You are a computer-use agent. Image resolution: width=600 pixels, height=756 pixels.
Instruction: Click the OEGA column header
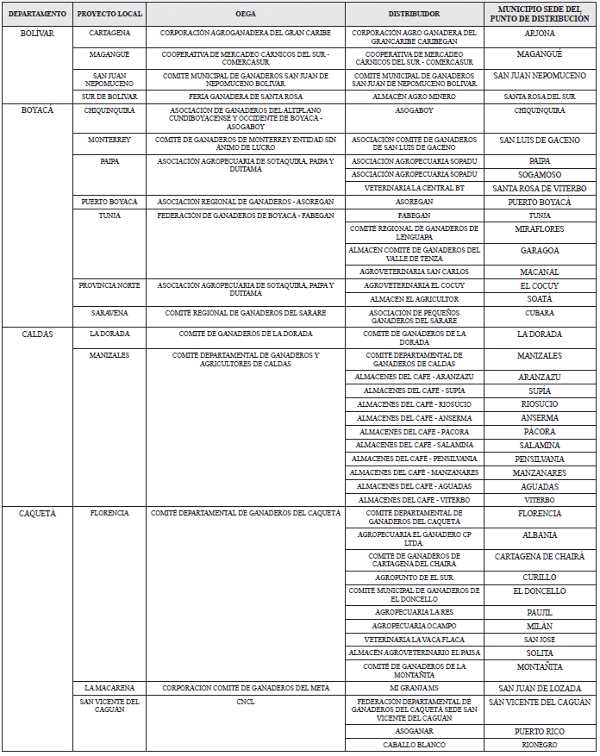[246, 15]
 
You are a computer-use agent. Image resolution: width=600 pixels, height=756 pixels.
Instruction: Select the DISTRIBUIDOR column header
[414, 15]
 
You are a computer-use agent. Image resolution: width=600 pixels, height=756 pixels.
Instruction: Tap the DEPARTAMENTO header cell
[37, 15]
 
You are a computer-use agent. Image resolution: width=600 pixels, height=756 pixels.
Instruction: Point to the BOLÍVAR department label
[37, 33]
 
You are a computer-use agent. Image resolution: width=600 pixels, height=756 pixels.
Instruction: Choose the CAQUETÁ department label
[37, 513]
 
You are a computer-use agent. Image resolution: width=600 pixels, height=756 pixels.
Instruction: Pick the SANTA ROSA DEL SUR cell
[540, 97]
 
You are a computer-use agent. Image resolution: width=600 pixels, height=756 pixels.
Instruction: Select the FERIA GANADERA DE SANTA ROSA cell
[246, 97]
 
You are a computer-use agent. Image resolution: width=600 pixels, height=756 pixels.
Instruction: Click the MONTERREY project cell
[109, 140]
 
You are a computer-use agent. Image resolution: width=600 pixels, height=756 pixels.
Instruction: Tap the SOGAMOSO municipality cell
[540, 174]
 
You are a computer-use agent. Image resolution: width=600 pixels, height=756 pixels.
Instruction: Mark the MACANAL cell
[540, 272]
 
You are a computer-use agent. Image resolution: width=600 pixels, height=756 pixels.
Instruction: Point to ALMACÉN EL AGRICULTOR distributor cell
[414, 299]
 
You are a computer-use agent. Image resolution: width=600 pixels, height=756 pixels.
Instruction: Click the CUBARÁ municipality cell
[540, 313]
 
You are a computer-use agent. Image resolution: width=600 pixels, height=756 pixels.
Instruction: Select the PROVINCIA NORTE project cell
[109, 285]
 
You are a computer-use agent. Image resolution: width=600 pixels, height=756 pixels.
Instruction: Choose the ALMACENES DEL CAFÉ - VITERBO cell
[414, 500]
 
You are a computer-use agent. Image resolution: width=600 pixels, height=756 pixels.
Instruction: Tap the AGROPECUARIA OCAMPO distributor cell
[414, 626]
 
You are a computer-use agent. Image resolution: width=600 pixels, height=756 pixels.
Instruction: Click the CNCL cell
[246, 703]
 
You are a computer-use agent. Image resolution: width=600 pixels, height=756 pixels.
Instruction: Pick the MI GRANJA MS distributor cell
[414, 688]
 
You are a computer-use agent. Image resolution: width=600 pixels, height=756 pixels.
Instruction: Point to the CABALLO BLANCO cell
[414, 745]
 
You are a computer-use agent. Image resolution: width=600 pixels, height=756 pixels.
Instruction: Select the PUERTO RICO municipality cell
[540, 731]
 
